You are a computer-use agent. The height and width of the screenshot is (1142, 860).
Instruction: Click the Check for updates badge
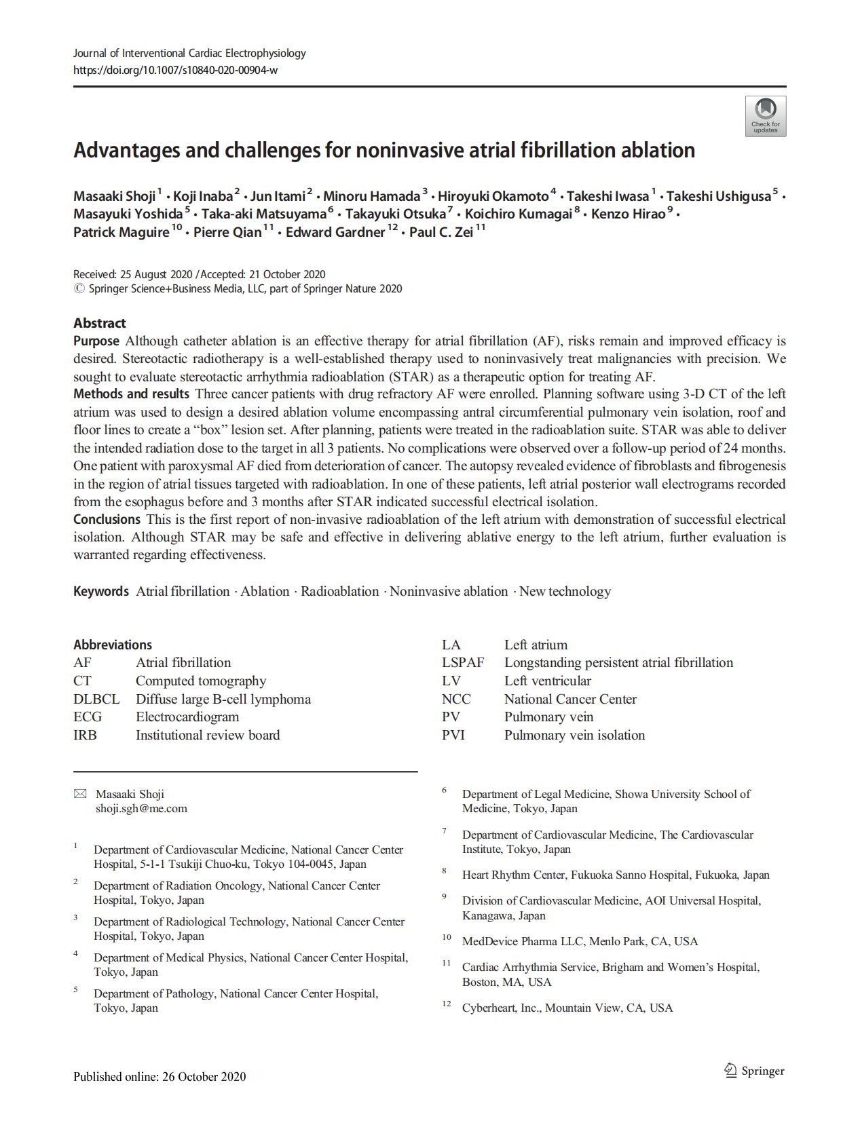coord(765,116)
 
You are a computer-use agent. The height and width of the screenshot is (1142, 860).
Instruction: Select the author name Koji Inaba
coord(202,197)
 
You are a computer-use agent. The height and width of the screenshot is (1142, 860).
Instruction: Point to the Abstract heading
coord(100,323)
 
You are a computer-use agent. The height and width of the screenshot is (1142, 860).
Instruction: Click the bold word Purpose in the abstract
coord(96,341)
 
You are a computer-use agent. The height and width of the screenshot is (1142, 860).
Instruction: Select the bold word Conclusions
coord(107,519)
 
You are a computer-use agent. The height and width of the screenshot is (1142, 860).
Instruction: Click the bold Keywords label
coord(100,591)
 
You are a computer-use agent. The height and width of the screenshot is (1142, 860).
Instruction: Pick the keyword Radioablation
coord(339,591)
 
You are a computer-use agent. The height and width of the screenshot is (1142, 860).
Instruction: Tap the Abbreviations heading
coord(113,645)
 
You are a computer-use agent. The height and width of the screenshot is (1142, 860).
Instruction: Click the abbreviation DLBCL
coord(96,699)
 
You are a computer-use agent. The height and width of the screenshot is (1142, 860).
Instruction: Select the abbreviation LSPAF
coord(462,662)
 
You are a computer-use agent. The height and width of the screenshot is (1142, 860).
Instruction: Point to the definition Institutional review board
coord(208,735)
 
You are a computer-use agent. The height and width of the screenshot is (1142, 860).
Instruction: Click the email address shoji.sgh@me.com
coord(141,808)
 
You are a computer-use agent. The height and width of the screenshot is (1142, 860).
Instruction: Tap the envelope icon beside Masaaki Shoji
coord(80,794)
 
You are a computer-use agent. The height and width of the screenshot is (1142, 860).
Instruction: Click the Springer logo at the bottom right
coord(754,1071)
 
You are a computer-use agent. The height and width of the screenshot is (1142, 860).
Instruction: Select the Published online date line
coord(160,1077)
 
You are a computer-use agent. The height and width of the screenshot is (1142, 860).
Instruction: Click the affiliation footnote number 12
coord(447,1004)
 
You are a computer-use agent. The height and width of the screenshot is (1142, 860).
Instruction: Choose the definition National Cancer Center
coord(570,699)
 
